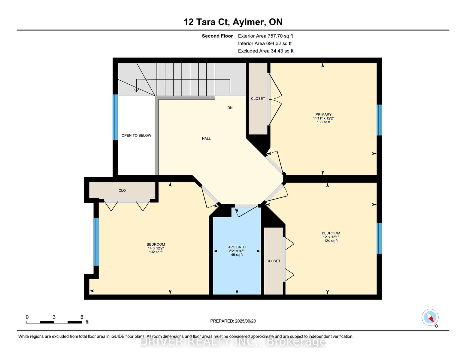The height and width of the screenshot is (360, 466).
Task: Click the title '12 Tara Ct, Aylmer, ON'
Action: [x=233, y=22]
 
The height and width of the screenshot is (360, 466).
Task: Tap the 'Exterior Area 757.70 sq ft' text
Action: [x=265, y=36]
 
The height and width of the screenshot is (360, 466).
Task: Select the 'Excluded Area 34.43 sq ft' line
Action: [x=266, y=51]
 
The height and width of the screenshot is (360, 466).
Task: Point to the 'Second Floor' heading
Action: [x=217, y=36]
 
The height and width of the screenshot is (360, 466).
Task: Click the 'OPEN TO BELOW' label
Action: [x=136, y=135]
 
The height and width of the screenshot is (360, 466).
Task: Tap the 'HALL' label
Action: [x=206, y=139]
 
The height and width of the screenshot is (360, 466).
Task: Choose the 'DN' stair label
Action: [x=230, y=108]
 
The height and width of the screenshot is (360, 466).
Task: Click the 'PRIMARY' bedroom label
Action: [x=323, y=114]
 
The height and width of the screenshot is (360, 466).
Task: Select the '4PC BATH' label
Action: [x=237, y=247]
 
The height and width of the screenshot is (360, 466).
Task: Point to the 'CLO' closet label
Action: [x=122, y=190]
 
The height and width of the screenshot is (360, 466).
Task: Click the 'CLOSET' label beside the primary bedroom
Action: [x=258, y=98]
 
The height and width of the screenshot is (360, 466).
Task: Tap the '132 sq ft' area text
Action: [x=156, y=252]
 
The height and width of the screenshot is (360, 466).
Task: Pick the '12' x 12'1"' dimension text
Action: [x=331, y=237]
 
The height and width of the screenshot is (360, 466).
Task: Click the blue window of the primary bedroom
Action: [x=379, y=120]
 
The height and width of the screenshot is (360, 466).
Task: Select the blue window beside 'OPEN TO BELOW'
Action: [x=115, y=117]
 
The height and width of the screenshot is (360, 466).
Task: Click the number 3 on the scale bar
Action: [x=54, y=317]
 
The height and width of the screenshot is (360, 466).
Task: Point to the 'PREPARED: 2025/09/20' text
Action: [x=233, y=321]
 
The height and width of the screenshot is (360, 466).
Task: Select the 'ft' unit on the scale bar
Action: [x=87, y=322]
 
